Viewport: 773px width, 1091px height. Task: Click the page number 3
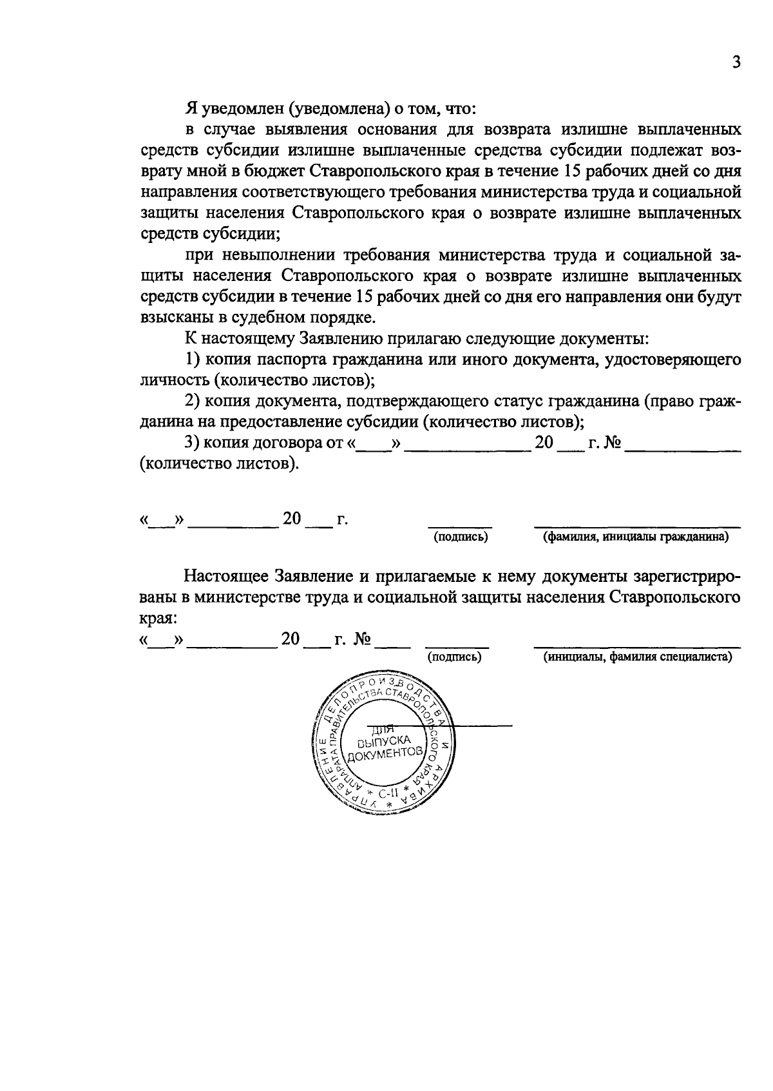click(736, 63)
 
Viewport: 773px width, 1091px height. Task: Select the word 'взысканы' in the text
click(169, 318)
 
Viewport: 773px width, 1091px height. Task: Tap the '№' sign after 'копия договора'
click(611, 443)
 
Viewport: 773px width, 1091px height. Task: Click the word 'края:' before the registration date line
click(158, 617)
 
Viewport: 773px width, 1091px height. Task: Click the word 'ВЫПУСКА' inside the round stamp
click(384, 740)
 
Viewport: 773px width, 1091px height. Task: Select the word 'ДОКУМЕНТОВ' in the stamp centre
click(385, 753)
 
